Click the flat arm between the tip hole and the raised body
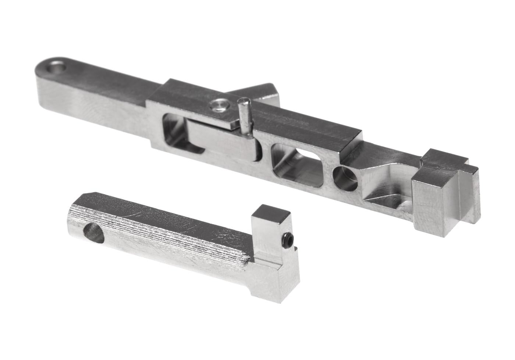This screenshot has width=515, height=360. pos(103,88)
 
